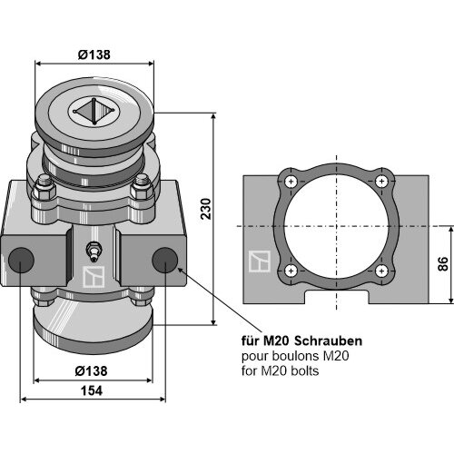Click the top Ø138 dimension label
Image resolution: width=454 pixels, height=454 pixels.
[x=94, y=54]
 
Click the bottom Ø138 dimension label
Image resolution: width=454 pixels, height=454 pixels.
[x=91, y=370]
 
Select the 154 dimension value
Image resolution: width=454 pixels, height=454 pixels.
[x=92, y=390]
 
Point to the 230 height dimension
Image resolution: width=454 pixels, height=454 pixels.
[x=206, y=209]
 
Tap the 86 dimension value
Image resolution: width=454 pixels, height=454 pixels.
[x=443, y=263]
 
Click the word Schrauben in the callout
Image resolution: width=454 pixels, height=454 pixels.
[x=329, y=341]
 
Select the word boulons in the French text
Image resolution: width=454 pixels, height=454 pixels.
[x=296, y=356]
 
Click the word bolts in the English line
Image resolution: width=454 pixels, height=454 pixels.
[x=305, y=370]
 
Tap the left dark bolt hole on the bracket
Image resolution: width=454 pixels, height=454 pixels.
[x=21, y=260]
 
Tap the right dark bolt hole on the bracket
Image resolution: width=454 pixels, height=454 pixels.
[x=164, y=260]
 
